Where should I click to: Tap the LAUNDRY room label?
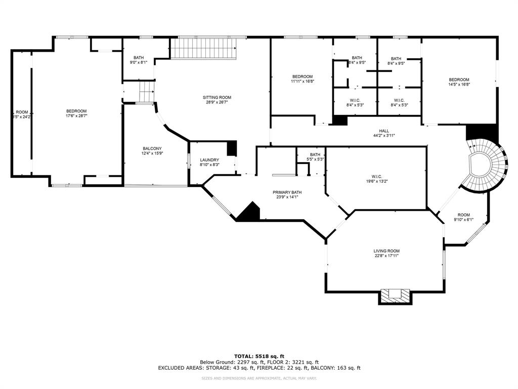[x=209, y=160]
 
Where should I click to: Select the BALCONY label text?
[x=152, y=148]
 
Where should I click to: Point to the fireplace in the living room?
[x=395, y=295]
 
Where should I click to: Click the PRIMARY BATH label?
[x=287, y=192]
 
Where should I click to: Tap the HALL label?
[x=384, y=131]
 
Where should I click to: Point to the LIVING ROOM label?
[x=386, y=251]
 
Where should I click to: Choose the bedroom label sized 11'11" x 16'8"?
[x=303, y=76]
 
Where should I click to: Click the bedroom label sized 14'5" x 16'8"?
[x=459, y=80]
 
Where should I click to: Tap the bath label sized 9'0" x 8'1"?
[x=139, y=57]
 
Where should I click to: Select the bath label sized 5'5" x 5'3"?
[x=315, y=154]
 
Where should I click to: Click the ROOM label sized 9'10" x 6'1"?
[x=463, y=215]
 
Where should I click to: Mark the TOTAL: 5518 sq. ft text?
[x=259, y=356]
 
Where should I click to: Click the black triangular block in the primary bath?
[x=249, y=213]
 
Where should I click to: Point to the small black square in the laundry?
[x=232, y=148]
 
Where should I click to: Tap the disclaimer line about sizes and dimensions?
[x=259, y=378]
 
